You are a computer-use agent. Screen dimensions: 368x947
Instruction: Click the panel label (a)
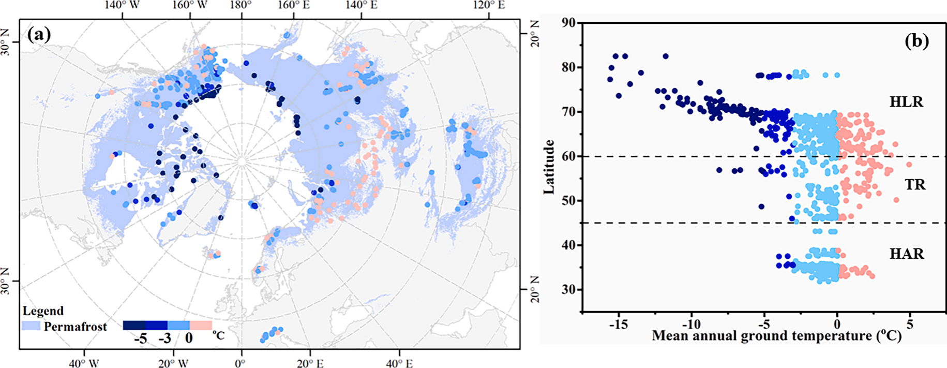(x=39, y=35)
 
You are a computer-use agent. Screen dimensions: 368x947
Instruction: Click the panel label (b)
(x=916, y=41)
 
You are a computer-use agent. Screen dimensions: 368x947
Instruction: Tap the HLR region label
(x=906, y=102)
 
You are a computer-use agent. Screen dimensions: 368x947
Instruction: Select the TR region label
(x=915, y=185)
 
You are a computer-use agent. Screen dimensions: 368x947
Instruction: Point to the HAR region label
(x=907, y=254)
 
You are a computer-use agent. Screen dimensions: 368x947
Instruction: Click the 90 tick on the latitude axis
(x=568, y=23)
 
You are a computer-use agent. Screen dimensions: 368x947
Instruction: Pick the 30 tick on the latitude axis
(x=568, y=289)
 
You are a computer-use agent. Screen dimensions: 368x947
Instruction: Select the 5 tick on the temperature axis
(x=910, y=325)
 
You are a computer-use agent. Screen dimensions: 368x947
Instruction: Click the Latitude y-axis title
(x=549, y=167)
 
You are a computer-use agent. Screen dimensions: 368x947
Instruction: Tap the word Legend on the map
(x=43, y=311)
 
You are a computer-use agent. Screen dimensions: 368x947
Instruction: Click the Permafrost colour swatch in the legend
(x=31, y=326)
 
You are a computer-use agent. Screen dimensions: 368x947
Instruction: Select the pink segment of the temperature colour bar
(x=201, y=325)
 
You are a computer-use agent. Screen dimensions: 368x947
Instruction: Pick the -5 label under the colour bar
(x=141, y=338)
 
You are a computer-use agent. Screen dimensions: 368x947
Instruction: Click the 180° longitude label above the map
(x=241, y=5)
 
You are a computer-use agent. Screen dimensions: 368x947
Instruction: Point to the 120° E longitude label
(x=489, y=5)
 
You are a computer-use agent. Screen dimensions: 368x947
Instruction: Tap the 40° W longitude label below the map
(x=84, y=363)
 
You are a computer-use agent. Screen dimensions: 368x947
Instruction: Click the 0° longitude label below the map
(x=240, y=363)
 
